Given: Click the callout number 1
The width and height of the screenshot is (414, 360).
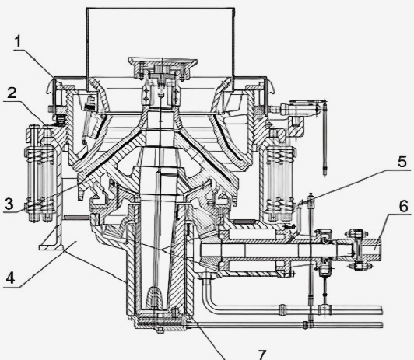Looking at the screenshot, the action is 17,42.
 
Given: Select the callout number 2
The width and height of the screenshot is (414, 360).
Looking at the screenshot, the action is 12,93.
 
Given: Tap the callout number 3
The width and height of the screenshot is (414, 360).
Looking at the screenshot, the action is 9,204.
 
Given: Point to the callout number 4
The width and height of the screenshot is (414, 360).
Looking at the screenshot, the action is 10,278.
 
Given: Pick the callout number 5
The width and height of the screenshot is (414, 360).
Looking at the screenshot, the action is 402,162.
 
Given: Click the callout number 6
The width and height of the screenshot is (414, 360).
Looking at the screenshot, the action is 404,206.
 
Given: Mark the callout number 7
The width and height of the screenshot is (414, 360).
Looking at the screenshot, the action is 262,355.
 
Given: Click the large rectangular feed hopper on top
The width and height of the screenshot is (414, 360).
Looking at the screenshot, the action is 160,50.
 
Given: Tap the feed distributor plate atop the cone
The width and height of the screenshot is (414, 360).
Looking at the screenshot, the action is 163,68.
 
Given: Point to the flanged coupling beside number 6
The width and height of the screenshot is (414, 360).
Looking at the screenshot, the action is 358,250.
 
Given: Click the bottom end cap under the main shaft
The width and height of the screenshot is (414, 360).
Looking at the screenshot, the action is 160,322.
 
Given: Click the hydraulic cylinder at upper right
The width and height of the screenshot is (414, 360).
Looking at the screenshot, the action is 302,107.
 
